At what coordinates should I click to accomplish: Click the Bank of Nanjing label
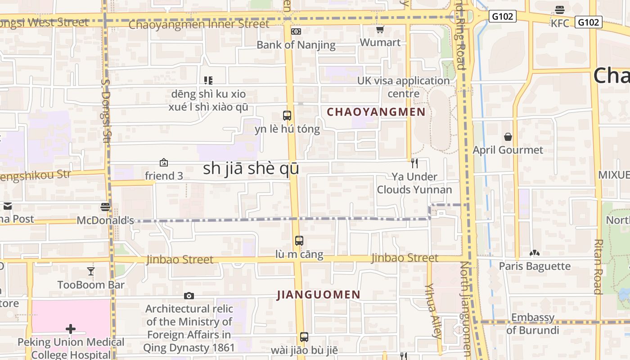click(x=296, y=45)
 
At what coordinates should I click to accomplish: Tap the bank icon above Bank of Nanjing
click(x=296, y=31)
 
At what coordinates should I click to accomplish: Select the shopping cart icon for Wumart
click(x=380, y=30)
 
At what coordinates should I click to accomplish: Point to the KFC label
click(x=560, y=23)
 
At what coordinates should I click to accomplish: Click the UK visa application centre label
click(x=403, y=87)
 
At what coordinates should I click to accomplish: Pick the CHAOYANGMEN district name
click(x=376, y=112)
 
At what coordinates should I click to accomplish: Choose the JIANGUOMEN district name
click(x=319, y=295)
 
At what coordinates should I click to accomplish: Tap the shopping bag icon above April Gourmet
click(x=508, y=136)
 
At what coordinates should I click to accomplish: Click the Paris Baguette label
click(x=535, y=266)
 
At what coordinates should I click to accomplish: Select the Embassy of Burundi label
click(x=533, y=324)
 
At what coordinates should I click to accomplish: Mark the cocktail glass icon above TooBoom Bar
click(x=91, y=271)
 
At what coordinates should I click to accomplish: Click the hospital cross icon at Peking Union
click(x=71, y=329)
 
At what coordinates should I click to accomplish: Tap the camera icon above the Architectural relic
click(x=189, y=296)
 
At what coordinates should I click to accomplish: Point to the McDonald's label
click(x=105, y=220)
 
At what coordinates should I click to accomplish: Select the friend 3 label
click(x=164, y=176)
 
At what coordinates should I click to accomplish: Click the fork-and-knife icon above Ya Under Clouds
click(x=414, y=163)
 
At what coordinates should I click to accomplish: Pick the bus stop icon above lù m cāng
click(x=299, y=241)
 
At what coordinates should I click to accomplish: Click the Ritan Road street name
click(x=598, y=266)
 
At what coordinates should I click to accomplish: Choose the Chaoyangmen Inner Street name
click(x=198, y=24)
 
